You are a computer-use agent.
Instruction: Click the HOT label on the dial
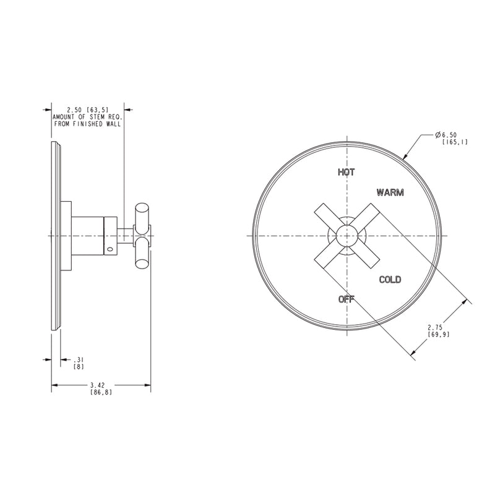346,172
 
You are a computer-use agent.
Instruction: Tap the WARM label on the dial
390,192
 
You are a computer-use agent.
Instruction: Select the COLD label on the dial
390,280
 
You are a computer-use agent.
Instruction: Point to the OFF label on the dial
346,299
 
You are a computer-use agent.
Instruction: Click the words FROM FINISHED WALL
87,124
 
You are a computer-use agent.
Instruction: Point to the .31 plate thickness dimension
79,359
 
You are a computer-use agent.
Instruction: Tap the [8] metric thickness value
79,367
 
